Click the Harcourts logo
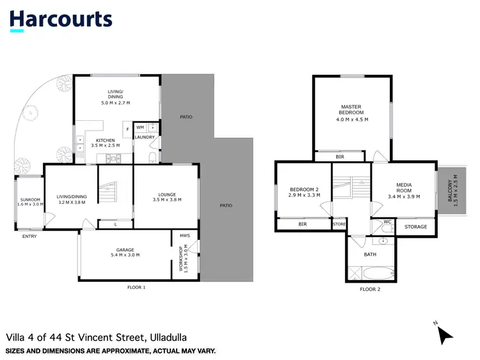[x=61, y=19]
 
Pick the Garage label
[x=125, y=251]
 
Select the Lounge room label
[x=165, y=196]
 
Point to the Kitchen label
[x=105, y=143]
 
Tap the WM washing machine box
[x=140, y=127]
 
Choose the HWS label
[x=185, y=235]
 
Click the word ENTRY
[x=29, y=236]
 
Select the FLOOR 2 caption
[x=369, y=289]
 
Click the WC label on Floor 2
[x=387, y=222]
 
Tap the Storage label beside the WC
[x=416, y=226]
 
